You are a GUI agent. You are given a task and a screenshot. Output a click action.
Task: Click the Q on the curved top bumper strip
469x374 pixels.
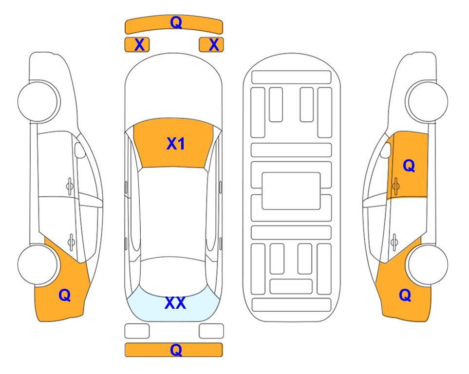pyautogui.click(x=176, y=22)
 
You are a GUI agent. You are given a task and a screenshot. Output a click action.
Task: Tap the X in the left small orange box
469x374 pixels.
pyautogui.click(x=139, y=45)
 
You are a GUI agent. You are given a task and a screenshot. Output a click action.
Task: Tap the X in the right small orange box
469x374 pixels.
pyautogui.click(x=214, y=45)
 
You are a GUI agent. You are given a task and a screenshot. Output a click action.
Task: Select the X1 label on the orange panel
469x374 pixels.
pyautogui.click(x=176, y=144)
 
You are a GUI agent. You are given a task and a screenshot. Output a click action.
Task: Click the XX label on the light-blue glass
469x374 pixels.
pyautogui.click(x=175, y=303)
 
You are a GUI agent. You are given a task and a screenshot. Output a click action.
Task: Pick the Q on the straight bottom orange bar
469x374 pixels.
pyautogui.click(x=176, y=350)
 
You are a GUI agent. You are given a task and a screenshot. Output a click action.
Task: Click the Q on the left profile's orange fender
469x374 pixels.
pyautogui.click(x=65, y=295)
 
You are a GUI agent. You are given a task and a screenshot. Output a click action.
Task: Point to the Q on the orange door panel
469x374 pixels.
pyautogui.click(x=409, y=166)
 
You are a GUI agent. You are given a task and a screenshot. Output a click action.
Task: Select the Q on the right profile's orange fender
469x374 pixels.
pyautogui.click(x=405, y=295)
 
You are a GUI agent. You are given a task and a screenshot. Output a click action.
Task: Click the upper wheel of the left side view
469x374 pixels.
pyautogui.click(x=38, y=101)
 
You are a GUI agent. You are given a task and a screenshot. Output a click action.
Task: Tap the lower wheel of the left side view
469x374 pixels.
pyautogui.click(x=38, y=264)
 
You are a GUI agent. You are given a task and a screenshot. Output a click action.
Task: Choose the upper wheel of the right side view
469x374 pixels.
pyautogui.click(x=427, y=101)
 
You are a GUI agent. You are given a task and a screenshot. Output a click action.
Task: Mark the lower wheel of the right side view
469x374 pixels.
pyautogui.click(x=428, y=264)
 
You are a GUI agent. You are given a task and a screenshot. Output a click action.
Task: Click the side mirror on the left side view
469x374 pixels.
pyautogui.click(x=79, y=150)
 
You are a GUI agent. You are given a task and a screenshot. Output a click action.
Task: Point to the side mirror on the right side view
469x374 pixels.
pyautogui.click(x=386, y=150)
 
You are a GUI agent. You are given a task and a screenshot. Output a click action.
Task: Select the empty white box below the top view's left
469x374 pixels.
pyautogui.click(x=137, y=331)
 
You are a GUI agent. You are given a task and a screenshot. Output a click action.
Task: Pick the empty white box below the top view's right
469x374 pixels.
pyautogui.click(x=211, y=331)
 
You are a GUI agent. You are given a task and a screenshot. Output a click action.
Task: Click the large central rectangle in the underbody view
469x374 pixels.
pyautogui.click(x=291, y=191)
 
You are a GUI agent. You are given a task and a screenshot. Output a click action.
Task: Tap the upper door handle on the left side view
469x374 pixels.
pyautogui.click(x=70, y=186)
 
